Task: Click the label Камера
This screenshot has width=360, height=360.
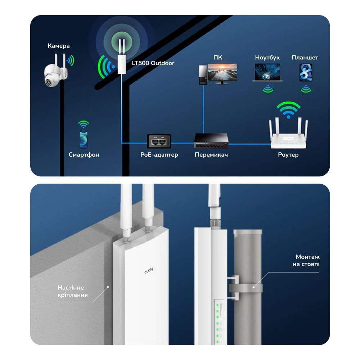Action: (59, 46)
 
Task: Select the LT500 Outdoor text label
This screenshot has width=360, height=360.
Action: (153, 63)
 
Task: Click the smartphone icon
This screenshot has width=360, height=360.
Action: (84, 140)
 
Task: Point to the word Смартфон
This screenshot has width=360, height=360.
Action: (84, 155)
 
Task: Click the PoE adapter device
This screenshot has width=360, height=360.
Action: (159, 141)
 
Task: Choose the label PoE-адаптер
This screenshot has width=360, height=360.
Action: (159, 155)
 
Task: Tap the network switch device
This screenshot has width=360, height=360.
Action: (211, 141)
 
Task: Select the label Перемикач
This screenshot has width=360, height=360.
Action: (211, 155)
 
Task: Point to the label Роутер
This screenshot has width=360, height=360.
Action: (288, 155)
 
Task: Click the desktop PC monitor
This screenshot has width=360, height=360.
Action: (222, 73)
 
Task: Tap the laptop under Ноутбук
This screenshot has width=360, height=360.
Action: (267, 73)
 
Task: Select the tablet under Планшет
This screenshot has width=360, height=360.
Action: (306, 72)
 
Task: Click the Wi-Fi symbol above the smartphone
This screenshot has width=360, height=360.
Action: (84, 125)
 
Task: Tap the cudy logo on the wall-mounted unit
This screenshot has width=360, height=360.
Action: (149, 270)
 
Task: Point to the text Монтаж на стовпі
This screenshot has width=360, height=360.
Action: (307, 260)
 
